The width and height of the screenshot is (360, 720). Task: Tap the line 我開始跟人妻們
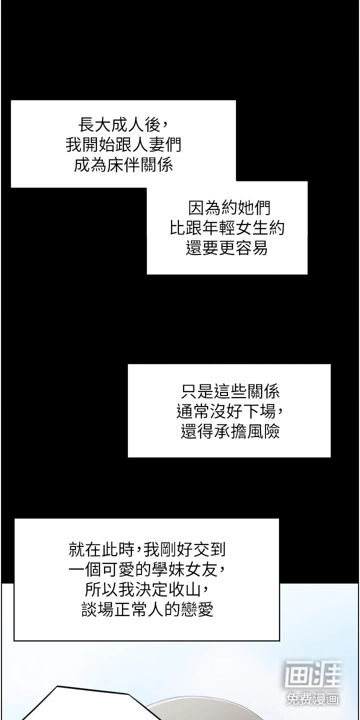(123, 144)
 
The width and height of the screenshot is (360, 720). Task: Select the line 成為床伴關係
(123, 164)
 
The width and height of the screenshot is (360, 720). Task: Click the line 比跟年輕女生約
(227, 227)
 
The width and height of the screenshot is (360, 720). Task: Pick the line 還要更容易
(227, 247)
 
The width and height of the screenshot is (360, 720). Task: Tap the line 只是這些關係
(230, 391)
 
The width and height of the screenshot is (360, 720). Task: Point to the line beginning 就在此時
(147, 549)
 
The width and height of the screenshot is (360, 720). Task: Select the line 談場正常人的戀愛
(147, 609)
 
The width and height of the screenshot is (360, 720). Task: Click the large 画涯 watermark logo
(313, 673)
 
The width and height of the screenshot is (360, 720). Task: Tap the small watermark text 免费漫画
(312, 698)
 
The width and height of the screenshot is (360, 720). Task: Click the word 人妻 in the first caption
(140, 144)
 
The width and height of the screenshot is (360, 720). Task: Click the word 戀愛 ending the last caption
(197, 609)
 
